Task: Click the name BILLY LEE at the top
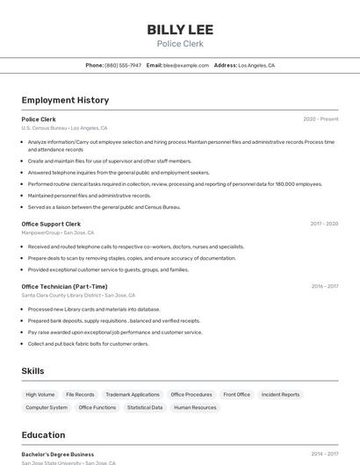pos(180,30)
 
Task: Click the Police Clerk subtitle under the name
pos(180,44)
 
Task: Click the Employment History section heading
pos(65,100)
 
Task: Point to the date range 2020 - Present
pos(320,119)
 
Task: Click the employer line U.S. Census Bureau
pos(64,128)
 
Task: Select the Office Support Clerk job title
pos(52,224)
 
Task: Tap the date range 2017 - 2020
pos(324,224)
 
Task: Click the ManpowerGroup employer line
pos(57,232)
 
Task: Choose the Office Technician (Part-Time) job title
pos(64,286)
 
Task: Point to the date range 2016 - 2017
pos(324,286)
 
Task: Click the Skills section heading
pos(33,371)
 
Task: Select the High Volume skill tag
pos(40,395)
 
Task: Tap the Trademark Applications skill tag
pos(133,395)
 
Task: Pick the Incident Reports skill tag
pos(280,395)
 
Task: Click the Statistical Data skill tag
pos(145,407)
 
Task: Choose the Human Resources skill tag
pos(195,407)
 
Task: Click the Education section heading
pos(43,435)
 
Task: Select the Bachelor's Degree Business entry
pos(58,454)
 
